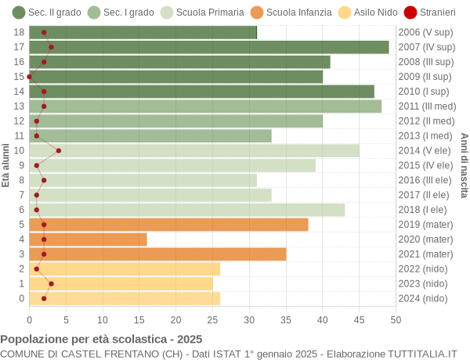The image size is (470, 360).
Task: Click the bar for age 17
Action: [209, 47]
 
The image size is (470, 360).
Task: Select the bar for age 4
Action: [88, 239]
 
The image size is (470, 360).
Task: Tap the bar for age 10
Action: [194, 150]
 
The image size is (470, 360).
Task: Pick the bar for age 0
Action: [125, 298]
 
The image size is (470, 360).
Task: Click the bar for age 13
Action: [205, 106]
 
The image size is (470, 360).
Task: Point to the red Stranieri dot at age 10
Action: [59, 150]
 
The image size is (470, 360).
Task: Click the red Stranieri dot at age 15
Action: [30, 77]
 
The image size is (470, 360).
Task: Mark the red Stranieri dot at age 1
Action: [51, 284]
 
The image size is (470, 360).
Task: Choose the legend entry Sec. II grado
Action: [46, 12]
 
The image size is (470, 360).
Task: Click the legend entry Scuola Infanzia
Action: [287, 12]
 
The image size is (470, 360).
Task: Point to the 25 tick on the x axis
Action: [212, 319]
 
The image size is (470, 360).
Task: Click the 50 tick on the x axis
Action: [396, 319]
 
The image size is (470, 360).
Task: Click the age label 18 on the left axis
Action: [19, 32]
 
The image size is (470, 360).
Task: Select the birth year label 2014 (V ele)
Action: [425, 150]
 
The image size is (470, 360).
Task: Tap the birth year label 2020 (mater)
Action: [425, 239]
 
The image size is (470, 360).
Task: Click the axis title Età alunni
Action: [5, 165]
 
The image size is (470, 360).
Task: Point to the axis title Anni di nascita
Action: [464, 165]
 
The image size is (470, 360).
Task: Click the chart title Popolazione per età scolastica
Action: [101, 340]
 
